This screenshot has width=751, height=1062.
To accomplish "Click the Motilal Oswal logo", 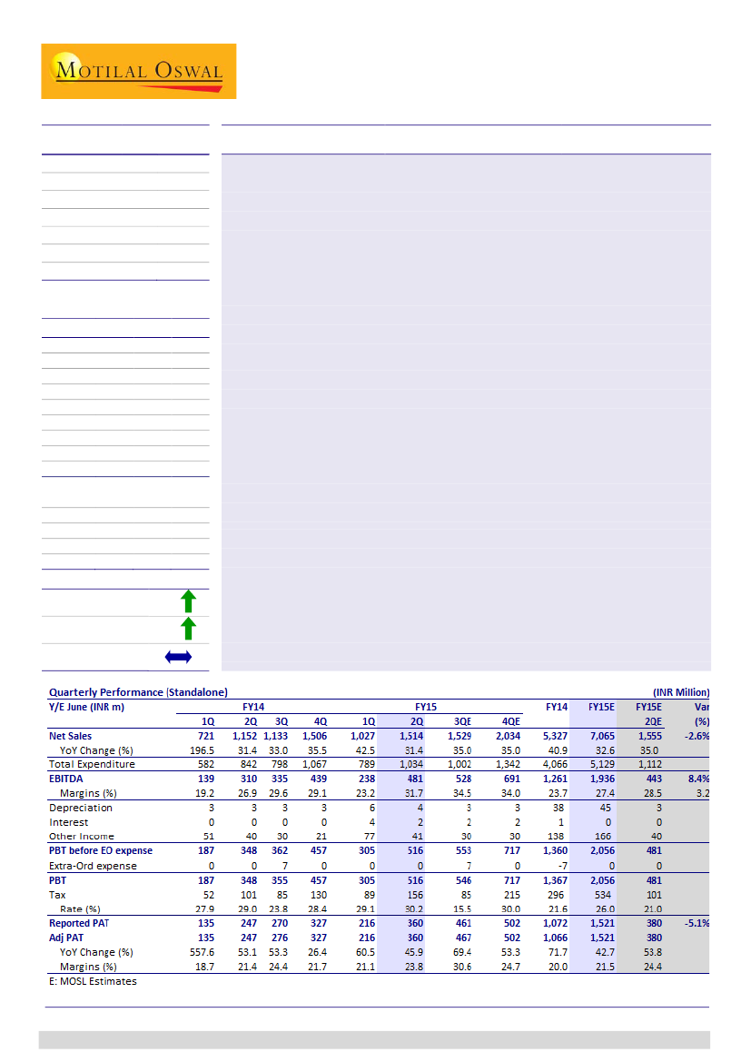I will (x=138, y=71).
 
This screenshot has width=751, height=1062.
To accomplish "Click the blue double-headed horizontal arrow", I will (x=178, y=656).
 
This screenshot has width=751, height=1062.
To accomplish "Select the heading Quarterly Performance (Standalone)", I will (x=138, y=692).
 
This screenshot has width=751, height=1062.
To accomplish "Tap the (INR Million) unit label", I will (x=680, y=692).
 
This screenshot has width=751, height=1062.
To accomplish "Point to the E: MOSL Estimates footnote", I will (x=93, y=981).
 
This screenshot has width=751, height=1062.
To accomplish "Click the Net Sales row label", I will (x=71, y=736).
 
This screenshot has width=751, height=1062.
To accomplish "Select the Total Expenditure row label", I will (x=92, y=764).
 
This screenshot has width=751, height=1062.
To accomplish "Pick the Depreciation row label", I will (x=81, y=808).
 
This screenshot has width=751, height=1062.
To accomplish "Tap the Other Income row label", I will (x=82, y=836).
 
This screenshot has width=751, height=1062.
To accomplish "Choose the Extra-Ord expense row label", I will (x=93, y=866).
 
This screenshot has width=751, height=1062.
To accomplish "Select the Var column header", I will (x=701, y=706).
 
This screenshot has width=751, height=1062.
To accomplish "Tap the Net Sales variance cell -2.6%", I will (x=697, y=736).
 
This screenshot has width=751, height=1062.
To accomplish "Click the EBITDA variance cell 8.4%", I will (x=697, y=779).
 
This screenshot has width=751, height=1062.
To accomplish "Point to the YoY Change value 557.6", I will (x=199, y=952).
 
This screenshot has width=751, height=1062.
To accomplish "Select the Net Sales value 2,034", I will (x=509, y=736).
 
